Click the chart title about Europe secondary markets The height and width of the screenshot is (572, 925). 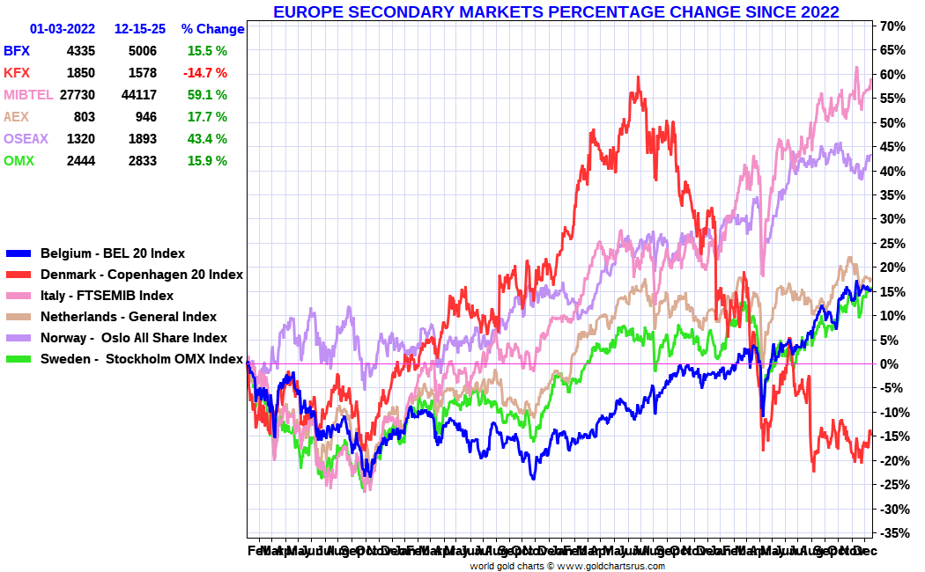pos(556,12)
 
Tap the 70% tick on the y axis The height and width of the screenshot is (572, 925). pos(892,26)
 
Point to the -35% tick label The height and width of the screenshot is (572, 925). pos(891,532)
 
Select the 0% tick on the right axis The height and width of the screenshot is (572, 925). pos(889,363)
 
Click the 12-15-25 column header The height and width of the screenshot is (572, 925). pos(140,29)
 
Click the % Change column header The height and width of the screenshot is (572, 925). pos(212,29)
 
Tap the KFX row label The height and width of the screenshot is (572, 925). pos(17,73)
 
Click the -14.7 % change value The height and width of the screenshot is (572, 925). pos(205,73)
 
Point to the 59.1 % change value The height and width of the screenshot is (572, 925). pos(207,95)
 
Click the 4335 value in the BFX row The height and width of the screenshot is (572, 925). pos(80,51)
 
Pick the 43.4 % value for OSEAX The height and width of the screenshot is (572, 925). pos(207,139)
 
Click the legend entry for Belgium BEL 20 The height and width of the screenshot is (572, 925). pos(113,253)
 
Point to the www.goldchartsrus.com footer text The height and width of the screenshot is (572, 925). pos(611,566)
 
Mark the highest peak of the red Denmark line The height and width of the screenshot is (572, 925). pos(636,77)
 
